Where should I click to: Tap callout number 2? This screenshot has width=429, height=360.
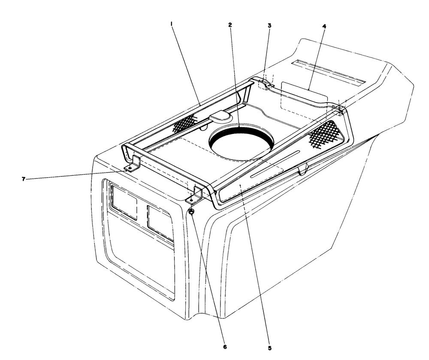coord(230,25)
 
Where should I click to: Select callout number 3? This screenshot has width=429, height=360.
coord(269,25)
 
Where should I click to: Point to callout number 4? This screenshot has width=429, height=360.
coord(324,26)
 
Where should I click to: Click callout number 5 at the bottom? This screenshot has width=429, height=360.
coord(270,348)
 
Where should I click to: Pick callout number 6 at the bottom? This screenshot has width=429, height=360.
coord(225,347)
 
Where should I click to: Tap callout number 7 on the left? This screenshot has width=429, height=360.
coord(24,179)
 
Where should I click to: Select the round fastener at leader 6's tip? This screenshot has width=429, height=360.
coord(192,211)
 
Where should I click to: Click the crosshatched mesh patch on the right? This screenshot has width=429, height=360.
coord(323,135)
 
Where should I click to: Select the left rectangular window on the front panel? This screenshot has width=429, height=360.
coord(124,201)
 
